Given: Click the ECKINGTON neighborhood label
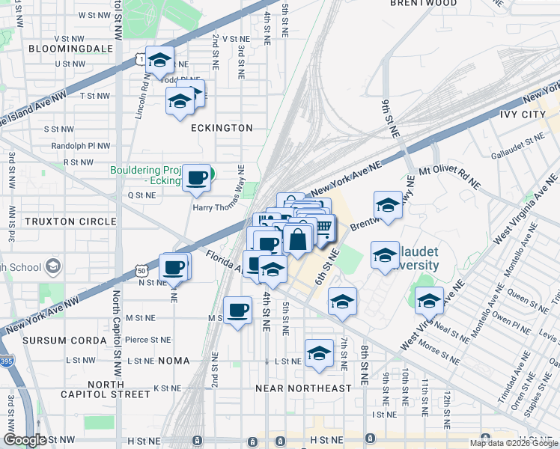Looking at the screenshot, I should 222,128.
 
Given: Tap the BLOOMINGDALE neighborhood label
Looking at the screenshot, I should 70,49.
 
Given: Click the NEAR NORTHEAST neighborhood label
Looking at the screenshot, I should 303,388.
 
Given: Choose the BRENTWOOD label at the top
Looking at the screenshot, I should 424,4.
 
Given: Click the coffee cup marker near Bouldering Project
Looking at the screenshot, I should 197,177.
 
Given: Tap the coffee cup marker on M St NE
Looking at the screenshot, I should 238,309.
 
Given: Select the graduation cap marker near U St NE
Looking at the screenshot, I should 159,60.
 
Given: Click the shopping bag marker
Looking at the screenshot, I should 297,239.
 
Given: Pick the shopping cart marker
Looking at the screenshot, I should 323,226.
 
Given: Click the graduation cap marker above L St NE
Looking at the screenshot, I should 319,352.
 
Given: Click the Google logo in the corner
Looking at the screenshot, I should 25,441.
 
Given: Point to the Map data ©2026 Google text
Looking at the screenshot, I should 513,443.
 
